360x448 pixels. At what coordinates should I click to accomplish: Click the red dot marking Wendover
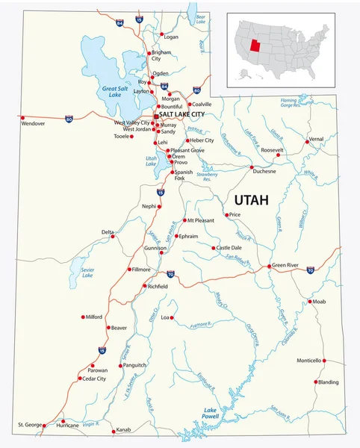pos(22,117)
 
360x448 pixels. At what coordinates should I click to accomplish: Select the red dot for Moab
pos(310,301)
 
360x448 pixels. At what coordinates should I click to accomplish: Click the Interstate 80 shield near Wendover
pos(69,118)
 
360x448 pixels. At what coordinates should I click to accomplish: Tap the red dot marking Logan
pos(161,36)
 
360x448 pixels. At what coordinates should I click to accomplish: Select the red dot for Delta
pos(113,233)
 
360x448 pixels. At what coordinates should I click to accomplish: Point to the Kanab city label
pos(123,430)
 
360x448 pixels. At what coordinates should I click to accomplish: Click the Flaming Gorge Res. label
pos(291,102)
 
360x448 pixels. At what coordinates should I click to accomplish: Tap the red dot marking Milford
pos(83,317)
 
